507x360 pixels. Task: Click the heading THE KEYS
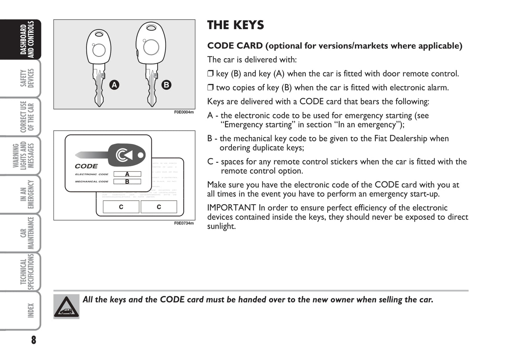(235, 25)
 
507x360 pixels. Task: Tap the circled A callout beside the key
(114, 85)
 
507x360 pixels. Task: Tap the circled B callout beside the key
(166, 85)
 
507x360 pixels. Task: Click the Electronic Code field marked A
(127, 174)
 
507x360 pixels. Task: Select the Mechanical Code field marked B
(127, 181)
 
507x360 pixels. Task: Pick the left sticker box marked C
(121, 207)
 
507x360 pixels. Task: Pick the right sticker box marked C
(159, 207)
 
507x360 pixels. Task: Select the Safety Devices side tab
(27, 78)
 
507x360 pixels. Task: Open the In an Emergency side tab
(27, 194)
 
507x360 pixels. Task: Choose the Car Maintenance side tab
(27, 233)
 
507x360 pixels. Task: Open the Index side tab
(30, 311)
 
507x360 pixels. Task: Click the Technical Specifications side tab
(27, 272)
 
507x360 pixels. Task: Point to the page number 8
(33, 340)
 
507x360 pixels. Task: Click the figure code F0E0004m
(184, 112)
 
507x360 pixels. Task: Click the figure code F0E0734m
(184, 223)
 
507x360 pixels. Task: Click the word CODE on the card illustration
(86, 166)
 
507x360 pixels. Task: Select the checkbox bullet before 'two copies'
(210, 87)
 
